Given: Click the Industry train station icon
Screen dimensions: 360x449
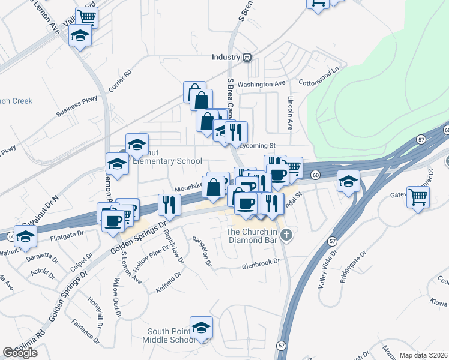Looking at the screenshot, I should pyautogui.click(x=247, y=57).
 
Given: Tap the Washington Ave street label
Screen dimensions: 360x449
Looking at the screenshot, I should pyautogui.click(x=261, y=85).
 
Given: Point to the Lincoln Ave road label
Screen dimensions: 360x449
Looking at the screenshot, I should pyautogui.click(x=291, y=113).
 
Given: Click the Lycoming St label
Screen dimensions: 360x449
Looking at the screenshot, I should pyautogui.click(x=256, y=145).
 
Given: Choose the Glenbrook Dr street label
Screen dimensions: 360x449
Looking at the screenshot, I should pyautogui.click(x=261, y=262).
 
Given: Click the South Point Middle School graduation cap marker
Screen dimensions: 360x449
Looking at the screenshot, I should pyautogui.click(x=202, y=328).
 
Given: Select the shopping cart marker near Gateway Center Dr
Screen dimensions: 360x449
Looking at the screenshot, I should pyautogui.click(x=418, y=196).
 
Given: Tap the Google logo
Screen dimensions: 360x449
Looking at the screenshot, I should pyautogui.click(x=20, y=353).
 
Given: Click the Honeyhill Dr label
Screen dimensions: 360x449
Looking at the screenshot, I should pyautogui.click(x=96, y=310).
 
